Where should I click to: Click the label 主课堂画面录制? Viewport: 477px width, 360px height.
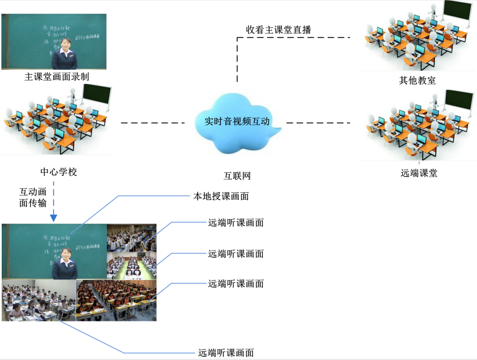57,77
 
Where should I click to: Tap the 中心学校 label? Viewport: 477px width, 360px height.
58,172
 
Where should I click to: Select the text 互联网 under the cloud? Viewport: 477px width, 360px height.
237,176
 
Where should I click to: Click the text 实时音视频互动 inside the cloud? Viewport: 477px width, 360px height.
237,121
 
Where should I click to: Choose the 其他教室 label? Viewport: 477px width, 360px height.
417,80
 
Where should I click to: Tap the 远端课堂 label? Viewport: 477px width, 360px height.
419,173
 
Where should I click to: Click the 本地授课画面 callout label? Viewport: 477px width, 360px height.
221,196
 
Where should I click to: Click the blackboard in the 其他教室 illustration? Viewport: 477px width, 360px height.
459,13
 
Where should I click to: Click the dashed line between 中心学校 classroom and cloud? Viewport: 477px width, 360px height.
152,122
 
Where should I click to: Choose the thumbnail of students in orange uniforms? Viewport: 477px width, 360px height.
116,300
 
